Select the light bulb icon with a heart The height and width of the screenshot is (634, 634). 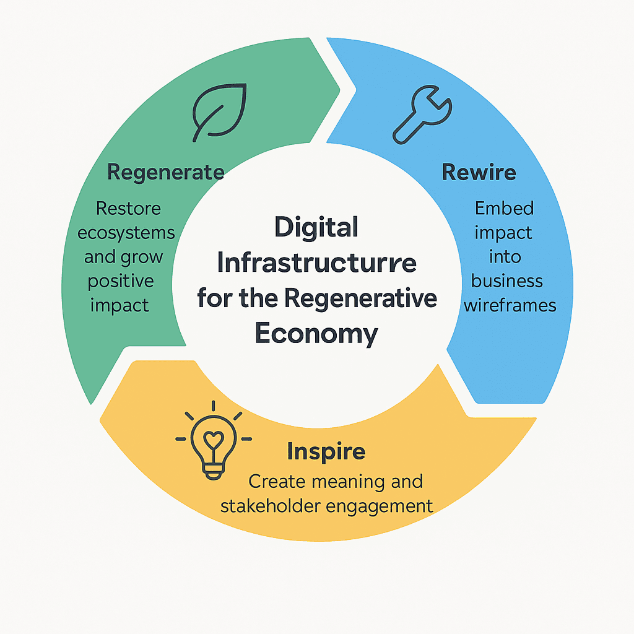tap(214, 440)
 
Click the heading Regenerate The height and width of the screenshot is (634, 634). tap(165, 172)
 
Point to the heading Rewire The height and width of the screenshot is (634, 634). tap(479, 172)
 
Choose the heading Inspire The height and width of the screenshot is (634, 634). tap(326, 451)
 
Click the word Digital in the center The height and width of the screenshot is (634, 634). tap(316, 228)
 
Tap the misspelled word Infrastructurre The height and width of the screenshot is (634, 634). tap(316, 263)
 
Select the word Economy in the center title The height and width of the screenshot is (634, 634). tap(316, 334)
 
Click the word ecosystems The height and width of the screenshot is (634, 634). tap(130, 233)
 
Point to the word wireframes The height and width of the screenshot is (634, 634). tap(510, 305)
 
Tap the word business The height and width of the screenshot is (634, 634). tap(507, 280)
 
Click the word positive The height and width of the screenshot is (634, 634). tap(121, 280)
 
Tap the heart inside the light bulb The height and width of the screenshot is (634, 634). tap(214, 436)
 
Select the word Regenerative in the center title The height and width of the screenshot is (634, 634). tap(361, 298)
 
